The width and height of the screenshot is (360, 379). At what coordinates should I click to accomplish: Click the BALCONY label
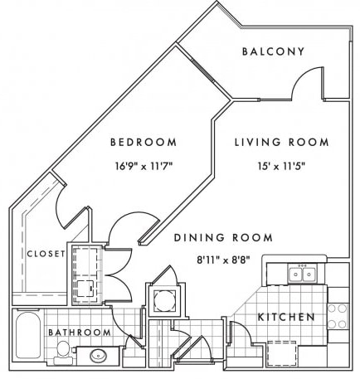273,51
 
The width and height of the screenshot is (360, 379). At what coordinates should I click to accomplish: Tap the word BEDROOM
144,142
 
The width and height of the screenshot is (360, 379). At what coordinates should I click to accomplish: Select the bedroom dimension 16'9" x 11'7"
144,166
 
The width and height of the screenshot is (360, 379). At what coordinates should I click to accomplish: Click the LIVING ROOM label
282,142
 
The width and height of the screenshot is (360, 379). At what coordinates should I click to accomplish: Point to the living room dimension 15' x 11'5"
281,166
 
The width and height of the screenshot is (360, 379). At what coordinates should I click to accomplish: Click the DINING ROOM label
223,238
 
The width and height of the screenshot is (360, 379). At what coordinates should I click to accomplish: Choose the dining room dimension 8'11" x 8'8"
223,260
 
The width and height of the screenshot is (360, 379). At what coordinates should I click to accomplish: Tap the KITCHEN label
286,317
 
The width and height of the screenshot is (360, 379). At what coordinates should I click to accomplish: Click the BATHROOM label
80,333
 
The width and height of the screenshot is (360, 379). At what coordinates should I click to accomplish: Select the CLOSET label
46,254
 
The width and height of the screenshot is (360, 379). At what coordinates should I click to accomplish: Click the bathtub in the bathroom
28,335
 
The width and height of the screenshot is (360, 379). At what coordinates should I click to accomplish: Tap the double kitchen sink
302,274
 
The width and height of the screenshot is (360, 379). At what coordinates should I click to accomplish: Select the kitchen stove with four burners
338,316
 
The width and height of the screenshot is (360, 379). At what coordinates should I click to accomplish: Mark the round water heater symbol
164,300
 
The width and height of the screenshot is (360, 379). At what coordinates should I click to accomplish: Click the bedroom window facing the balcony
203,70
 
